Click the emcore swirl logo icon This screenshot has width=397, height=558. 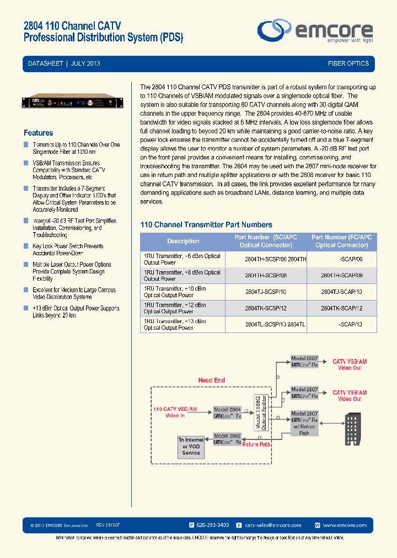[275, 29]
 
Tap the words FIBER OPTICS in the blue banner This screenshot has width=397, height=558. [348, 64]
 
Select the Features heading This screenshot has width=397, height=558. [39, 133]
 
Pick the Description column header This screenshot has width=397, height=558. [183, 241]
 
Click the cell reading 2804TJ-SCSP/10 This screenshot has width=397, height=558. [266, 292]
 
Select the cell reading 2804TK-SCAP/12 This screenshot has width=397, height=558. [342, 308]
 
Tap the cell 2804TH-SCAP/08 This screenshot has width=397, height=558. [342, 275]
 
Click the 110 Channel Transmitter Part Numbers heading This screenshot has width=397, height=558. [206, 225]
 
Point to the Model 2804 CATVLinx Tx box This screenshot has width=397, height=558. [228, 413]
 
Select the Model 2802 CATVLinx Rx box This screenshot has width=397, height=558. [227, 439]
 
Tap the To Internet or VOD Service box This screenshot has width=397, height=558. [190, 447]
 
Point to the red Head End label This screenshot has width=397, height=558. [212, 380]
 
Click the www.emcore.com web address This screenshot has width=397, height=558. [342, 525]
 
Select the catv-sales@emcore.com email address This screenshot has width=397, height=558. [273, 525]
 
